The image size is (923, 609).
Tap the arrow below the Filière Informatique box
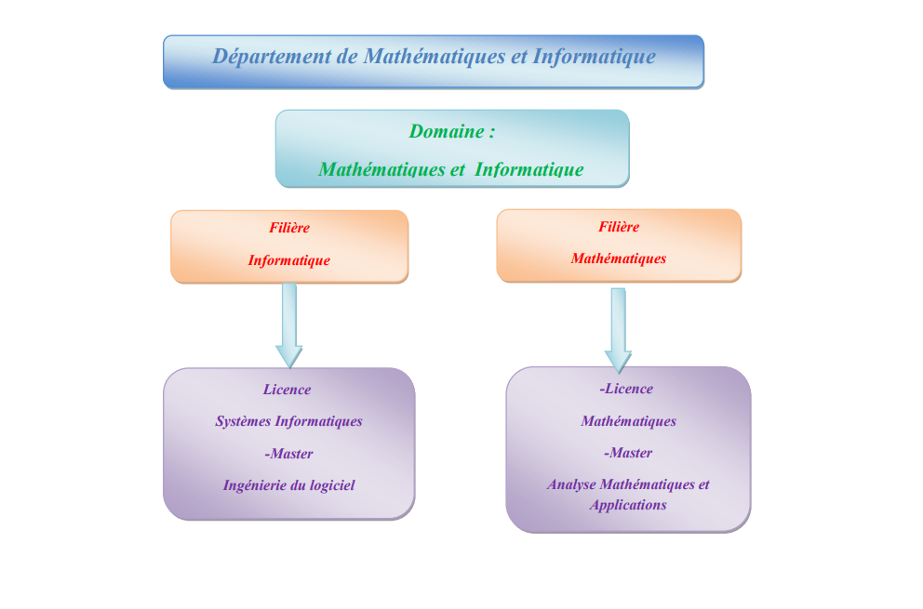tap(289, 325)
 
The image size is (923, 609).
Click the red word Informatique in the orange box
tap(288, 260)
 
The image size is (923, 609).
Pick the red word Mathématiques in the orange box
tap(619, 258)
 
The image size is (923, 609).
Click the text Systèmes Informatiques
tap(288, 421)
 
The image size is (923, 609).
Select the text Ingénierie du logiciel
tap(288, 484)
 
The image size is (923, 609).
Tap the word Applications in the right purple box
tap(628, 505)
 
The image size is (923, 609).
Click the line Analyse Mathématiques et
tap(628, 484)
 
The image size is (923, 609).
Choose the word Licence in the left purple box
tap(287, 390)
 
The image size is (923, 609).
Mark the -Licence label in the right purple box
tap(626, 389)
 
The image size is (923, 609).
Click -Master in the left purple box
tap(288, 454)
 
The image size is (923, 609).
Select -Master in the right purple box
tap(627, 453)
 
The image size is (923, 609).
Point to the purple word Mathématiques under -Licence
tap(628, 421)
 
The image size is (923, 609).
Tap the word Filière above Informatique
tap(289, 228)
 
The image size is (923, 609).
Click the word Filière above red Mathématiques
tap(619, 226)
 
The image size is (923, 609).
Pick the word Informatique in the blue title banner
tap(595, 57)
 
